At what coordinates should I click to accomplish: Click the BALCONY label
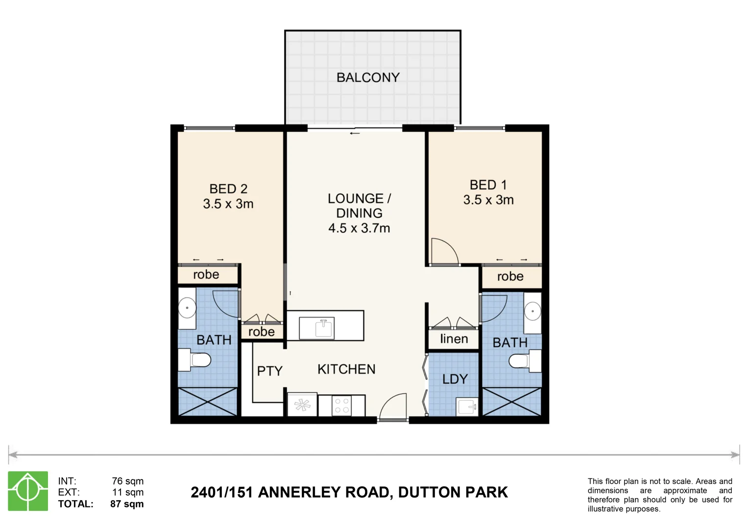pyautogui.click(x=368, y=77)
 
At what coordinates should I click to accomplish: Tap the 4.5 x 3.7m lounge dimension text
pyautogui.click(x=359, y=228)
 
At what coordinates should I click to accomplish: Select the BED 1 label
pyautogui.click(x=488, y=185)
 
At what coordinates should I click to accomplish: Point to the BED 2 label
pyautogui.click(x=228, y=189)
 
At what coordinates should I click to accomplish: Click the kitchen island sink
pyautogui.click(x=324, y=328)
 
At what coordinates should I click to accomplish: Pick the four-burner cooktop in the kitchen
pyautogui.click(x=342, y=406)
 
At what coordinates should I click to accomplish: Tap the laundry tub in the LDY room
pyautogui.click(x=467, y=407)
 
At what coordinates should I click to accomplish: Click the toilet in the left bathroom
pyautogui.click(x=196, y=360)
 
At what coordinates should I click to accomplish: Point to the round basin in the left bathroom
pyautogui.click(x=187, y=309)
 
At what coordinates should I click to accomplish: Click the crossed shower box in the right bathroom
pyautogui.click(x=512, y=402)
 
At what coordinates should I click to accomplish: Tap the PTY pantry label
pyautogui.click(x=270, y=371)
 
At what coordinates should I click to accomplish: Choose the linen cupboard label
pyautogui.click(x=454, y=339)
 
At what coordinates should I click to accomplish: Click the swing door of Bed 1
pyautogui.click(x=444, y=251)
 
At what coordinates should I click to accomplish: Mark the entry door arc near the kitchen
pyautogui.click(x=393, y=407)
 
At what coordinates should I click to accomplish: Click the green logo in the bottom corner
pyautogui.click(x=28, y=491)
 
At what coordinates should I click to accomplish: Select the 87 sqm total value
pyautogui.click(x=127, y=504)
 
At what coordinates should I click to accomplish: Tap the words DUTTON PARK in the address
pyautogui.click(x=453, y=492)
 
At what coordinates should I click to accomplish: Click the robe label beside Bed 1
pyautogui.click(x=510, y=277)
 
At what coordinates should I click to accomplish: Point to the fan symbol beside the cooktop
pyautogui.click(x=302, y=405)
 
